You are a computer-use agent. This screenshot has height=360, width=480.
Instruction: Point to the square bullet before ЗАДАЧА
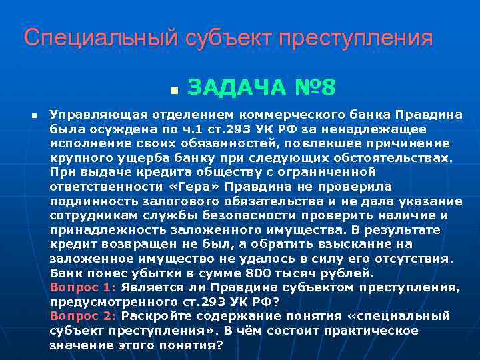[173, 89]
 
